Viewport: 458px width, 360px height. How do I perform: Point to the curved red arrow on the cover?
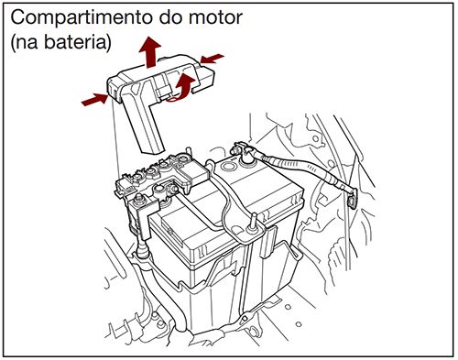click(185, 87)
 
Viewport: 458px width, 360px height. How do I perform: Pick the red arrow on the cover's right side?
click(212, 60)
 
